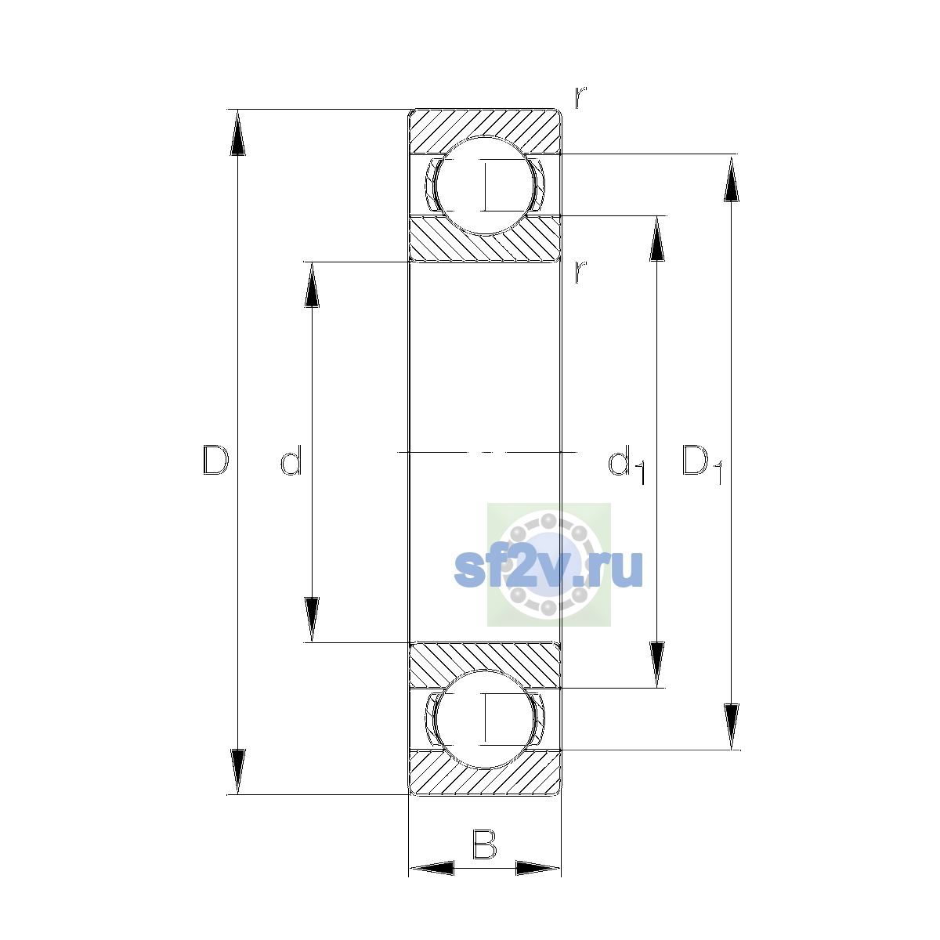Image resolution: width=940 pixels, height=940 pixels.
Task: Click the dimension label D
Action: click(x=215, y=460)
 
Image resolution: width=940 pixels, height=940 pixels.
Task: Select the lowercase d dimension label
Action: click(x=291, y=460)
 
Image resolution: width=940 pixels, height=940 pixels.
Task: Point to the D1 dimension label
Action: click(x=702, y=464)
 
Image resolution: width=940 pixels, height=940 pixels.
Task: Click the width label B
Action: click(x=484, y=844)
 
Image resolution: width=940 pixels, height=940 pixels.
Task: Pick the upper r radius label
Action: click(x=580, y=98)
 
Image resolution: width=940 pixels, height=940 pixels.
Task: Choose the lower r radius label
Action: click(x=580, y=272)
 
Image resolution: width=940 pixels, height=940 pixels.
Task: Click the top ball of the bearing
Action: click(x=485, y=186)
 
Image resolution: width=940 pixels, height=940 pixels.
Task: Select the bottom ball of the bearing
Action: click(x=485, y=720)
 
